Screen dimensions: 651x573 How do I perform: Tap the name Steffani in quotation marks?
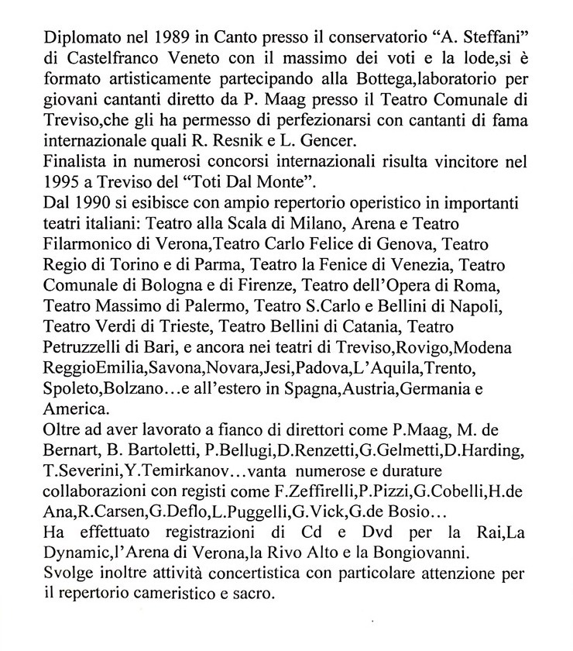[475, 36]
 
